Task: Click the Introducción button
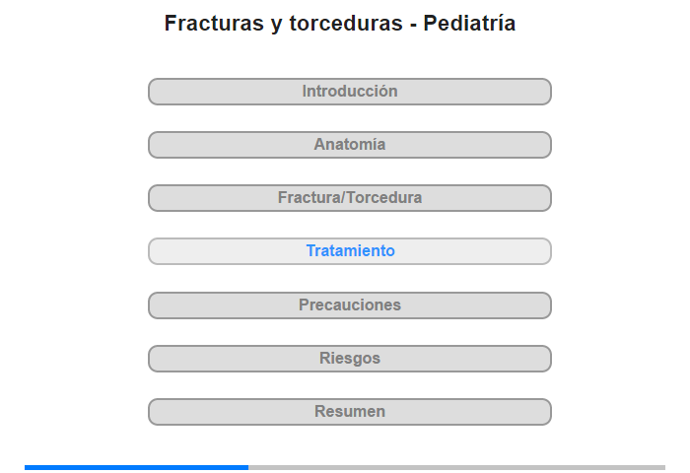pos(350,92)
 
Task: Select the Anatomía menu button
pos(350,145)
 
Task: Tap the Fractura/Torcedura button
pos(350,198)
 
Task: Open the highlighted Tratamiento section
pos(350,251)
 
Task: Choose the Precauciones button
pos(350,305)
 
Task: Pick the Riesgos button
pos(350,359)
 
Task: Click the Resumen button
pos(350,412)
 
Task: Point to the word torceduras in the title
pos(346,23)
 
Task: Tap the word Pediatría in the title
pos(469,23)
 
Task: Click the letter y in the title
pos(276,26)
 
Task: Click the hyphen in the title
pos(413,26)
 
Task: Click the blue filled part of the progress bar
pos(136,467)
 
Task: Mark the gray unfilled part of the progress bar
pos(456,467)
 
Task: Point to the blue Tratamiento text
pos(351,251)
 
